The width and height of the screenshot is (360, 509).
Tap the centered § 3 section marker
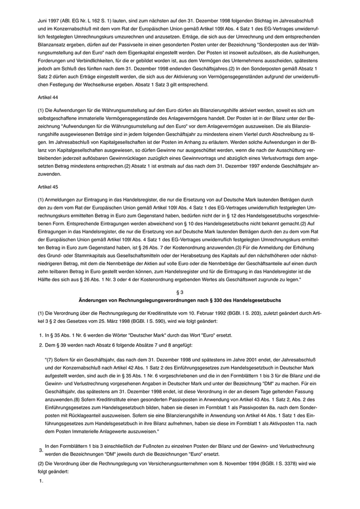point(179,291)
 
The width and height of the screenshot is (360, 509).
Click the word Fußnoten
point(146,445)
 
